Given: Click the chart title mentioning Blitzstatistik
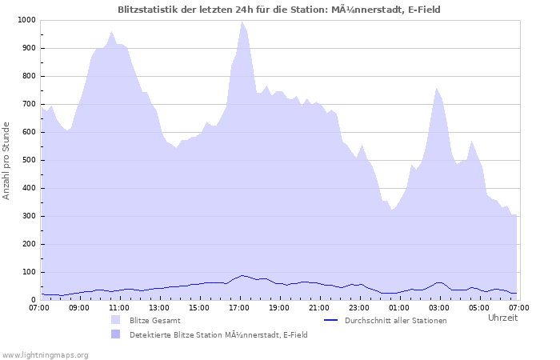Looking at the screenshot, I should coord(278,10).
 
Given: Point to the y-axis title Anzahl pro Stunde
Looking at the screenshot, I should coord(7,160).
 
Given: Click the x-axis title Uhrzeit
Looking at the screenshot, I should coord(502,318).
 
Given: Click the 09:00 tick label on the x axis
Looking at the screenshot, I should coord(79,307).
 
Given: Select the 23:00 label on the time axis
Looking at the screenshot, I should coord(359,307).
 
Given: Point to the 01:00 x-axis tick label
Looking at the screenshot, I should coord(399,307).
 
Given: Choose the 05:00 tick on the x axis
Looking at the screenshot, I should coord(479,307).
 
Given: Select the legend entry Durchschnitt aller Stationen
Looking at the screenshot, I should coord(395,320).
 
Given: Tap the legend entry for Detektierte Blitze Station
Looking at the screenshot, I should coord(218,334).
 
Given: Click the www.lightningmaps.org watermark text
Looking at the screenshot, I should coord(45,354).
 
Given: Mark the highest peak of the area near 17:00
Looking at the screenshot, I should coord(242,22).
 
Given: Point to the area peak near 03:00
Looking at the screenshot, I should coord(437,88).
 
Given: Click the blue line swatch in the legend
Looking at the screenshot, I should coord(331,320).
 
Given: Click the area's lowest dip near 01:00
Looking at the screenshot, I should coord(392,210).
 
